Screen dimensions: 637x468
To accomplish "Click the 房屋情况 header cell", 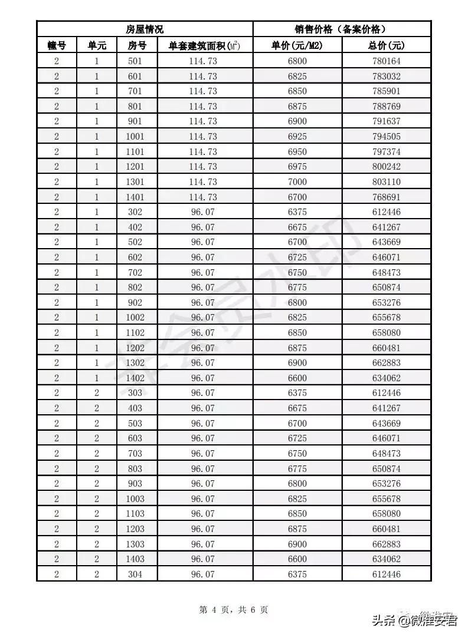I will point(145,29).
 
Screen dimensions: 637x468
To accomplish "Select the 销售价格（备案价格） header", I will point(341,29).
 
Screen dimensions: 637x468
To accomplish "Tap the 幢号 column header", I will point(57,45).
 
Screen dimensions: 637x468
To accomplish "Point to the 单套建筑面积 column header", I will point(204,45).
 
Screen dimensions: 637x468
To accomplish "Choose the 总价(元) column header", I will point(387,45).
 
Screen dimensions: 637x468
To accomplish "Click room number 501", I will point(135,61).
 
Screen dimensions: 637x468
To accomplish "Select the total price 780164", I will point(387,61).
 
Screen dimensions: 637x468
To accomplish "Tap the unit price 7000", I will point(297,181).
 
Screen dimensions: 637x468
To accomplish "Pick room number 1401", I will point(135,197).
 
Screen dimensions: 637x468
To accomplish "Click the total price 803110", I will point(387,181).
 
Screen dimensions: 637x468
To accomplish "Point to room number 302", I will point(135,212).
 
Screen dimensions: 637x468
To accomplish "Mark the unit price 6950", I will point(297,151).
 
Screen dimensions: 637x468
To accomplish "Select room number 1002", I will point(135,318).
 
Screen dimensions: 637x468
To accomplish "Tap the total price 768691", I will point(387,197).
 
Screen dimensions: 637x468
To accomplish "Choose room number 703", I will point(135,453).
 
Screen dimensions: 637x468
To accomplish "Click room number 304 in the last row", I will point(135,574).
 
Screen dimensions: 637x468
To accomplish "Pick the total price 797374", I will point(387,151).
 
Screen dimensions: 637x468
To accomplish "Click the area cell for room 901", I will point(204,121).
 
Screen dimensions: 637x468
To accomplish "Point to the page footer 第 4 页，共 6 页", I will point(234,610).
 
